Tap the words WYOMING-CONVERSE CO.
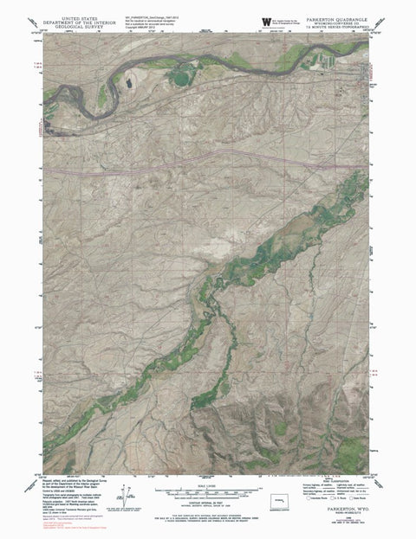pos(336,22)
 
